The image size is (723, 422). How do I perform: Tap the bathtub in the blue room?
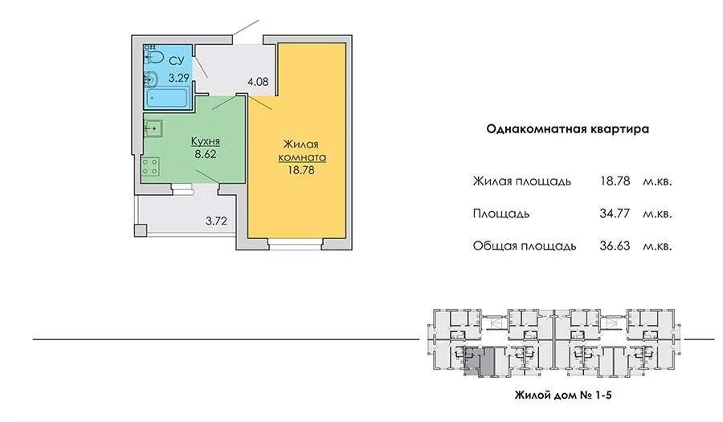(165, 99)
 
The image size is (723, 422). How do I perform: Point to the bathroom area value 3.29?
(178, 78)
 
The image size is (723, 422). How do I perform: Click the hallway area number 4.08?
(258, 82)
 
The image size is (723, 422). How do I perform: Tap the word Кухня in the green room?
(206, 141)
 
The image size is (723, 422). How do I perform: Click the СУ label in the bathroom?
(178, 60)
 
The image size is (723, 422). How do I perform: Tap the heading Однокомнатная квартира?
(568, 128)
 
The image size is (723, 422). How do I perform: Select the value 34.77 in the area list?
(615, 213)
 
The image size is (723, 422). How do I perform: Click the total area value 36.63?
(615, 245)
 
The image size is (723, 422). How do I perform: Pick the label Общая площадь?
(525, 245)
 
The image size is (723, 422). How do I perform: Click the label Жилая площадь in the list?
(522, 181)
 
